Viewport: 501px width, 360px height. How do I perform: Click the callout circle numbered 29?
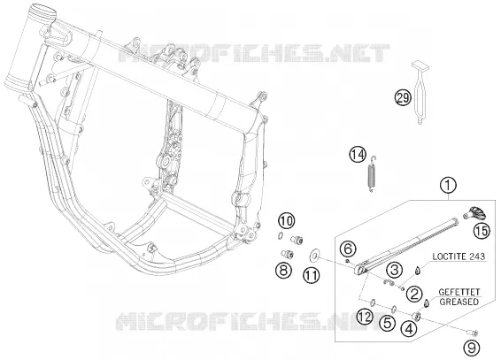403,97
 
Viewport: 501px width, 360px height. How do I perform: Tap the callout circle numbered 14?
358,155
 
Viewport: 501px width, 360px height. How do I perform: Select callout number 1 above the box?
448,186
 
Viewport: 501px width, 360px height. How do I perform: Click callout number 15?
482,231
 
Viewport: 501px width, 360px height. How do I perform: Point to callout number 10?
287,221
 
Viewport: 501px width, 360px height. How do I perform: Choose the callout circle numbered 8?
283,271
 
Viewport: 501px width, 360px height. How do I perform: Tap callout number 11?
312,275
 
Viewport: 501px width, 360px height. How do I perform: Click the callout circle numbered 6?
349,249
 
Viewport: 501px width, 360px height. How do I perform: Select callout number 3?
394,271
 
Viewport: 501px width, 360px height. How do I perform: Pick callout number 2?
414,294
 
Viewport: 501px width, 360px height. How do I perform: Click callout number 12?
366,317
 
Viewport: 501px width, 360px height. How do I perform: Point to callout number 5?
387,323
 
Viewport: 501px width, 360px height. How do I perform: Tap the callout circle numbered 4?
410,328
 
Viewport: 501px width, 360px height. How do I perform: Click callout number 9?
472,348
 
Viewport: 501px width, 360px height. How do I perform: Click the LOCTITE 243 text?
459,257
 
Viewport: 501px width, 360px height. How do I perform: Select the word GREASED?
459,302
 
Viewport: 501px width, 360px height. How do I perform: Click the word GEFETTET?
459,292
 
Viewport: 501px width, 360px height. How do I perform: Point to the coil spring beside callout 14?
372,174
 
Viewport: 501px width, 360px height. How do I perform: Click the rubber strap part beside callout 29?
420,93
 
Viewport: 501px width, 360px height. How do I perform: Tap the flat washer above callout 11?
314,255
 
